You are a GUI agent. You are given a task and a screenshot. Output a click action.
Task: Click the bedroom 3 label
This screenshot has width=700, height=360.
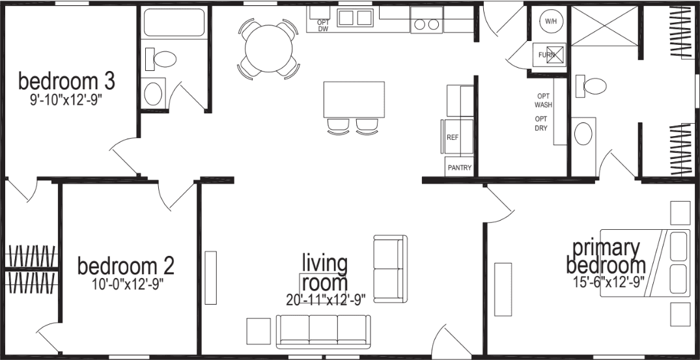[x=66, y=82]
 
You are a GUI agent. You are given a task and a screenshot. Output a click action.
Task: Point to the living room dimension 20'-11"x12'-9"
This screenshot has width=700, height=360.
[x=326, y=299]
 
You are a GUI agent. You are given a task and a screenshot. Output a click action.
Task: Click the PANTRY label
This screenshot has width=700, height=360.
[x=459, y=167]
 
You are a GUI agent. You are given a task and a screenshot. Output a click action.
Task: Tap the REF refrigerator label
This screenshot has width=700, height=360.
[x=453, y=138]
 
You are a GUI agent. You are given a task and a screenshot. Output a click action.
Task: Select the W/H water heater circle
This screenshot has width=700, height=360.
[x=551, y=21]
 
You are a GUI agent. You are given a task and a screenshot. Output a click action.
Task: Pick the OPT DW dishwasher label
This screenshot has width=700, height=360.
[x=323, y=25]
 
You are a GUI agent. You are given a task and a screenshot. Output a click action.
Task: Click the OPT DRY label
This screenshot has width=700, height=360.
[x=541, y=123]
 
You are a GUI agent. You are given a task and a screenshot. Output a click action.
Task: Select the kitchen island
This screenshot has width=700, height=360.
[x=354, y=100]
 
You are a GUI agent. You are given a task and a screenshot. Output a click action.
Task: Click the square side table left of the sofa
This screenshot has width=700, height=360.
[x=258, y=331]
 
